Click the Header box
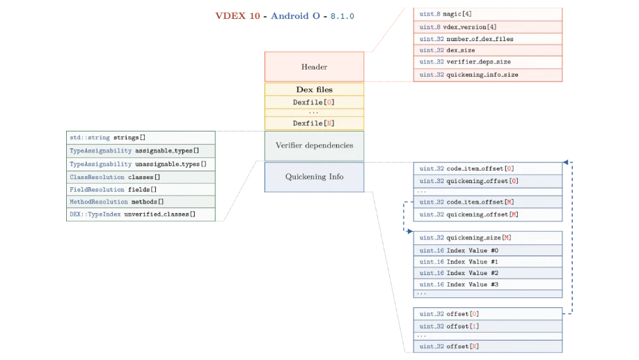click(314, 67)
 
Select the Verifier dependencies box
click(314, 146)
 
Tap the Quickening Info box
click(314, 177)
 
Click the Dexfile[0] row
click(314, 102)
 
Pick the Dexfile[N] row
click(314, 123)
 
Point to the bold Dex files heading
click(314, 89)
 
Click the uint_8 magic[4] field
click(487, 14)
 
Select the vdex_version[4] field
click(487, 26)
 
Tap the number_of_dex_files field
click(487, 39)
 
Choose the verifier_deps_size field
click(487, 62)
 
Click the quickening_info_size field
click(487, 75)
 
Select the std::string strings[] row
click(141, 137)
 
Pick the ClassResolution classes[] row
click(141, 177)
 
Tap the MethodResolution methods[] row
click(141, 202)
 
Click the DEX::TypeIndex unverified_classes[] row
click(141, 214)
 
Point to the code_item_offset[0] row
click(487, 169)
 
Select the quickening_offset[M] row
click(487, 214)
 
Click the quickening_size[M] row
click(487, 237)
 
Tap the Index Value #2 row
click(487, 273)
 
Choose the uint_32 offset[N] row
click(487, 346)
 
